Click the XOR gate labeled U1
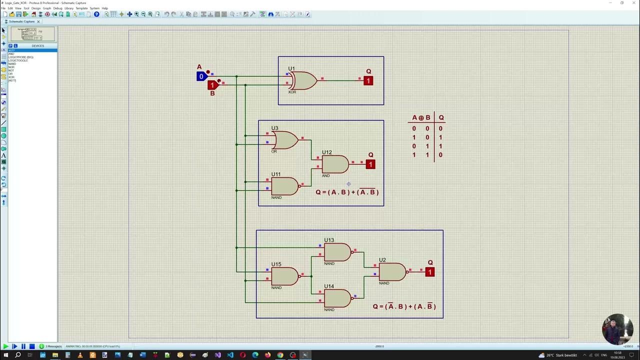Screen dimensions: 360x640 point(303,80)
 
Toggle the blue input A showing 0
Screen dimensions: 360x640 point(201,76)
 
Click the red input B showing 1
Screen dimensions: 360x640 point(212,85)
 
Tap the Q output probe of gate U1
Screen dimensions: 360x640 point(368,80)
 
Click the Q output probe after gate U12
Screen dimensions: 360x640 point(370,164)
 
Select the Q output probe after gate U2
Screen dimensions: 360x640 point(430,272)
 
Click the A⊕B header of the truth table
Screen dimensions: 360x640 point(421,118)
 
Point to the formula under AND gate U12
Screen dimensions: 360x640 point(347,192)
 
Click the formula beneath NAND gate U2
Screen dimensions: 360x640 point(404,306)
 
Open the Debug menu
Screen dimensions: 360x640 point(57,8)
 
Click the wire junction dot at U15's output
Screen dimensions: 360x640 point(311,276)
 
